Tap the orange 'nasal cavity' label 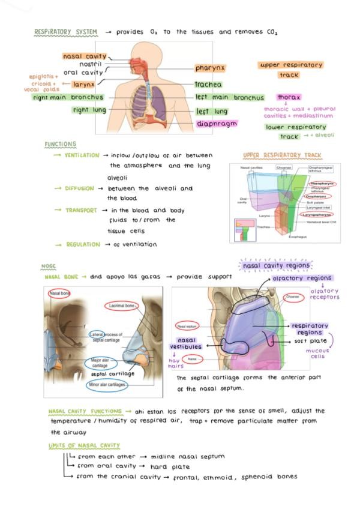(85, 56)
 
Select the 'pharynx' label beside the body (210, 68)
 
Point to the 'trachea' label (208, 85)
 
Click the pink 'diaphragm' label (217, 124)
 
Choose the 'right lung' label (89, 110)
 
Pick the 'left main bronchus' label (229, 97)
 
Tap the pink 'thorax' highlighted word (289, 97)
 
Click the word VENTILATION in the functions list (82, 155)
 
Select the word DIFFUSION (79, 188)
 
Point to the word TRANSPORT (81, 211)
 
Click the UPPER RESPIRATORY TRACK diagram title (283, 155)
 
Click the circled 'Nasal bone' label (59, 293)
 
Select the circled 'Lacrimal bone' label (121, 306)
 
